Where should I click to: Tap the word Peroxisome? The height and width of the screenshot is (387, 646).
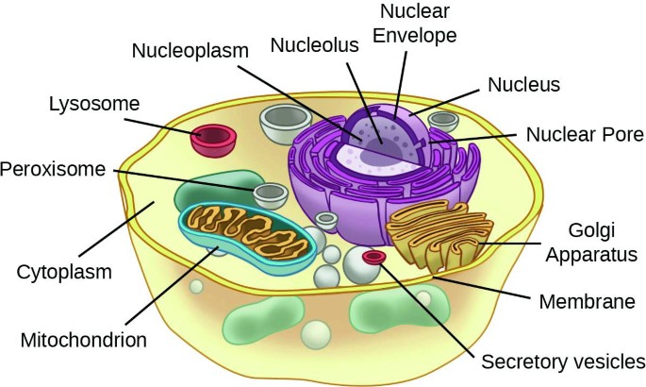[x=56, y=170]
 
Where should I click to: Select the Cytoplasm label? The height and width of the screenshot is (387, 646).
[x=64, y=273]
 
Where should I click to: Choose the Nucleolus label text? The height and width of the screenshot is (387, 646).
[x=308, y=44]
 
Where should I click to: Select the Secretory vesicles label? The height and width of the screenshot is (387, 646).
[x=563, y=362]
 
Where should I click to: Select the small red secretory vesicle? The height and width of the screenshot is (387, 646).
[x=373, y=256]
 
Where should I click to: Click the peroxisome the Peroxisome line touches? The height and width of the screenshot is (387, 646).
[x=271, y=194]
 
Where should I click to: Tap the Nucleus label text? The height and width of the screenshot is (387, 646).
[x=522, y=85]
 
